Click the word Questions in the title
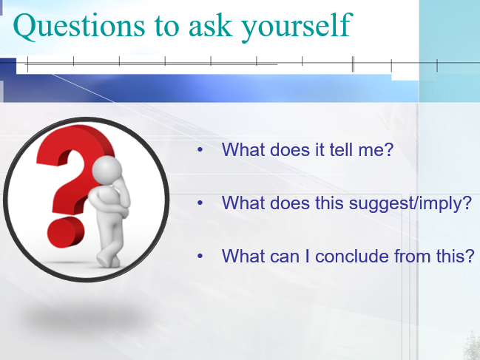pos(79,27)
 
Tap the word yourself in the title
pos(297,27)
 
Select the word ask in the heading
pos(210,26)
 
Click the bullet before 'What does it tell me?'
pos(200,149)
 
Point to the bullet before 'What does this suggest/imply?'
pos(200,203)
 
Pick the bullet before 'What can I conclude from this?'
pos(200,256)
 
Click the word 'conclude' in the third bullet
pos(352,256)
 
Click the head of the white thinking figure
pos(107,170)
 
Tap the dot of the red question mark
pos(66,232)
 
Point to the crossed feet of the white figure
pos(108,260)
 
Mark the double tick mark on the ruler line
pos(353,64)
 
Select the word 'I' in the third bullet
pos(308,256)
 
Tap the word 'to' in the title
pos(166,27)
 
